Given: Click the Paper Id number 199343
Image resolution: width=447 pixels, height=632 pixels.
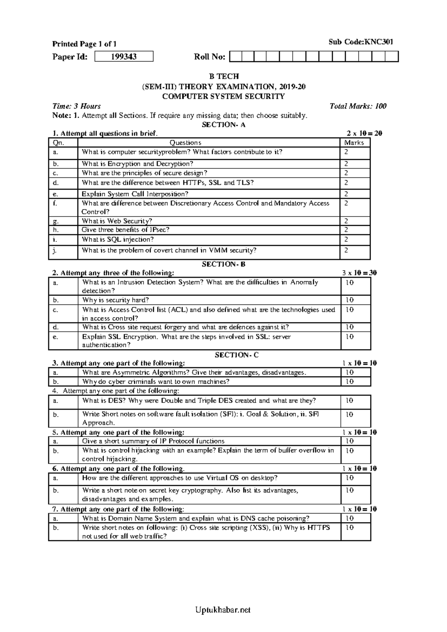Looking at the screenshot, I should [124, 57].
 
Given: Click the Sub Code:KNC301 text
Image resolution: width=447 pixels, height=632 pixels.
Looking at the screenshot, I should [361, 42].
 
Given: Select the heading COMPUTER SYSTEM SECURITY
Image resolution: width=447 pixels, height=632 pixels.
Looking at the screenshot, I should [223, 97].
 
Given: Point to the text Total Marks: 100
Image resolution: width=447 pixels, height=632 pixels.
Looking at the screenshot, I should [358, 106].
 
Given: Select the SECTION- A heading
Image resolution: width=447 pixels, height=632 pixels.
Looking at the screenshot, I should [223, 125].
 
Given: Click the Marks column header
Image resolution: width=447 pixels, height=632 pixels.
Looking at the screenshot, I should [354, 143].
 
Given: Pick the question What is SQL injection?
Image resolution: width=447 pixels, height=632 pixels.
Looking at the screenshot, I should [118, 240].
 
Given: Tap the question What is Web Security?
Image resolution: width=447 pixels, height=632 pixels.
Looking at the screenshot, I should [117, 221].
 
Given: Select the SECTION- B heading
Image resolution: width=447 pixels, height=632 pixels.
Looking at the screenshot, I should [223, 264].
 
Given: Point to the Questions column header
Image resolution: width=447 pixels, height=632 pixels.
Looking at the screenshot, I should [186, 143].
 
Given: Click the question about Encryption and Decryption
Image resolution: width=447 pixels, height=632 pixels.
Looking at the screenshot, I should [137, 164].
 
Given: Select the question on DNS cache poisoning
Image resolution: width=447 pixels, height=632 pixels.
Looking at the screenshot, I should [196, 518].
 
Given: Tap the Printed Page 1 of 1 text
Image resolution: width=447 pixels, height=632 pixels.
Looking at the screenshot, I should [84, 44].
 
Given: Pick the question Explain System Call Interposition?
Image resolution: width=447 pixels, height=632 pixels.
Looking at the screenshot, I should [135, 194].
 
